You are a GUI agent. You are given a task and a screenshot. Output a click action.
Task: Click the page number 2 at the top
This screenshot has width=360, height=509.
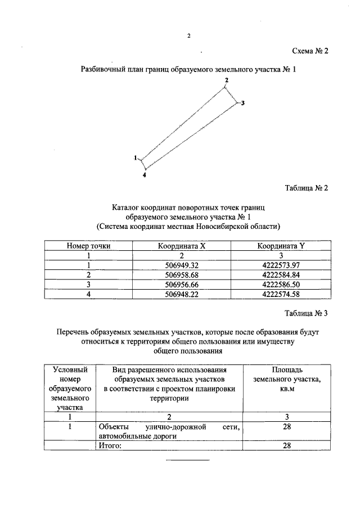coord(189,36)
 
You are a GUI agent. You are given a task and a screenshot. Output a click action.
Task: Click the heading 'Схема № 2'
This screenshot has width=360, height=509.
coord(310,51)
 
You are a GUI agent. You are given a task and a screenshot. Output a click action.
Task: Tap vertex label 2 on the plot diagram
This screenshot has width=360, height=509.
coord(226,81)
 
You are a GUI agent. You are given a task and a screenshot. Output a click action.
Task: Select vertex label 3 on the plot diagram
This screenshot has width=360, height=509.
coord(242,103)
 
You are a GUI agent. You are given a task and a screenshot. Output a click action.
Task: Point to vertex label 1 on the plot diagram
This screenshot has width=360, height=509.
coord(136,158)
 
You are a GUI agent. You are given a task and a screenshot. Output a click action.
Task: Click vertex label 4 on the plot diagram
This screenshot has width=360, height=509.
coord(145,175)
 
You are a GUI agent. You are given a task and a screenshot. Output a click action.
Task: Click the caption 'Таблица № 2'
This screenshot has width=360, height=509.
coord(307,188)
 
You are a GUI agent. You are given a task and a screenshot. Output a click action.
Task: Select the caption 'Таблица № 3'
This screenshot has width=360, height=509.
coord(307,314)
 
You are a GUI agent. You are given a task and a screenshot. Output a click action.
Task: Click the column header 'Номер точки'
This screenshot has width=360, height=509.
coord(88,246)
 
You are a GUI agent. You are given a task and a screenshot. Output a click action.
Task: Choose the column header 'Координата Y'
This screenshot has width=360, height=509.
coord(280,246)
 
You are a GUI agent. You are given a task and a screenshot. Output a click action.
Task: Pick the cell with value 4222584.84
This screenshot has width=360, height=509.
coord(280,274)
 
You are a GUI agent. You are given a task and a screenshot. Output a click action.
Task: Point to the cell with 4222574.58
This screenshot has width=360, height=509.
coord(280,294)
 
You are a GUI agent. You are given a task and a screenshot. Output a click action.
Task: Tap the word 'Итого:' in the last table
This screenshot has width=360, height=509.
coord(110,445)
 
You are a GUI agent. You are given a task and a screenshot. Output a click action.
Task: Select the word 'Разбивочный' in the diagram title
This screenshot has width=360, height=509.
coord(101,70)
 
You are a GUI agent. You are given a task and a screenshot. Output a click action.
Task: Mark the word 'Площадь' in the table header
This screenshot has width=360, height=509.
coord(287,370)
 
